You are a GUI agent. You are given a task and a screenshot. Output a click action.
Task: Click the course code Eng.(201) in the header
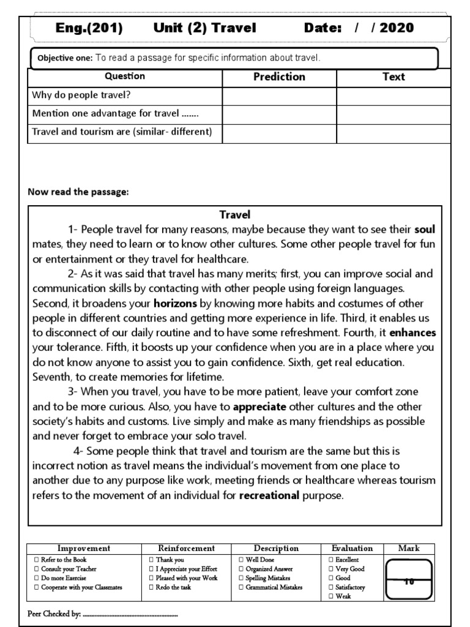(x=89, y=28)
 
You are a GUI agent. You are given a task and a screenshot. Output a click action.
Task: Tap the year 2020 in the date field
(x=397, y=28)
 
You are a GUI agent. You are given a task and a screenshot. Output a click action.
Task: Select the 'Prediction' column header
(x=279, y=77)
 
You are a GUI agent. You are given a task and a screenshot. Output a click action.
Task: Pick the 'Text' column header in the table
(x=394, y=77)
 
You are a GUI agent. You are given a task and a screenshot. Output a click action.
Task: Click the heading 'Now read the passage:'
(x=78, y=192)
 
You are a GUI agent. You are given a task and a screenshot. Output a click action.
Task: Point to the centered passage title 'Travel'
(x=235, y=214)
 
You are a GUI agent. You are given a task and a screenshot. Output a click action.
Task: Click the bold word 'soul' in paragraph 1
(x=425, y=230)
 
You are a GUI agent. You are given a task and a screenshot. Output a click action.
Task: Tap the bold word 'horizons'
(x=175, y=303)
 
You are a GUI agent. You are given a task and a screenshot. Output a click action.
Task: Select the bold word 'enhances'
(x=412, y=332)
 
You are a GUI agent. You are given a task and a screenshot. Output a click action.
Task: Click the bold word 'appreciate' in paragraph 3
(x=259, y=406)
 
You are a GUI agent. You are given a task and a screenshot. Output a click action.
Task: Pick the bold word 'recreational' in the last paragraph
(x=269, y=495)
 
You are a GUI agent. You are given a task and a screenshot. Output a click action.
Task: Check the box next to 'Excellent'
(x=331, y=560)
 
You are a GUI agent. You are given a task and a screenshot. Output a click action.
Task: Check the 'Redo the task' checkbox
(x=151, y=587)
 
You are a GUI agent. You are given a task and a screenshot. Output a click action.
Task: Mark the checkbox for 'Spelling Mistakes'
(x=241, y=578)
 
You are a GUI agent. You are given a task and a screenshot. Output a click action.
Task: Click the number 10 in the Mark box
(x=408, y=582)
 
